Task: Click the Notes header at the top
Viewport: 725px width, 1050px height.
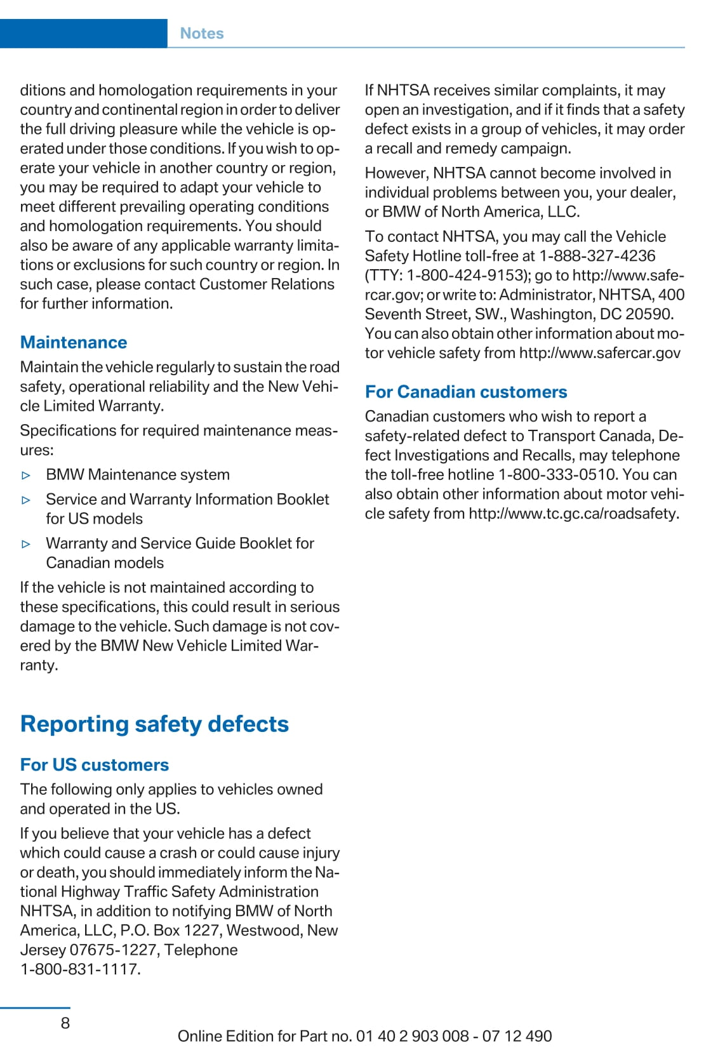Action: pos(202,34)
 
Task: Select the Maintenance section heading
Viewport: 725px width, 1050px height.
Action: pos(74,342)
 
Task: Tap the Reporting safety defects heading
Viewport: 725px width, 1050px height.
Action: pos(154,724)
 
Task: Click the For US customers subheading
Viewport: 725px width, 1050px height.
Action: pos(95,764)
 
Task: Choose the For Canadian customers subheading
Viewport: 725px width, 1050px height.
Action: pos(466,392)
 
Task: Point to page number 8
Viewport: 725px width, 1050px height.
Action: pos(65,1023)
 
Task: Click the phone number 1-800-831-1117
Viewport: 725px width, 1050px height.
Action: pos(80,969)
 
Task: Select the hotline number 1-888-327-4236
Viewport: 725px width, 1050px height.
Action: pos(597,256)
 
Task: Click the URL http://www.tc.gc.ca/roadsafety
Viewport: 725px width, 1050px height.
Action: pos(573,514)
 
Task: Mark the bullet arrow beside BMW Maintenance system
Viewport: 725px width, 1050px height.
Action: pos(26,475)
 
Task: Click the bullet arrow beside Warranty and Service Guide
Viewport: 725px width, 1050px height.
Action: pos(26,544)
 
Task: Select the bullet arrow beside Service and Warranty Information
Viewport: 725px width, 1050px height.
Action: pos(26,500)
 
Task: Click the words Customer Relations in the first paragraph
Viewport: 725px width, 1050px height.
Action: pos(267,284)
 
